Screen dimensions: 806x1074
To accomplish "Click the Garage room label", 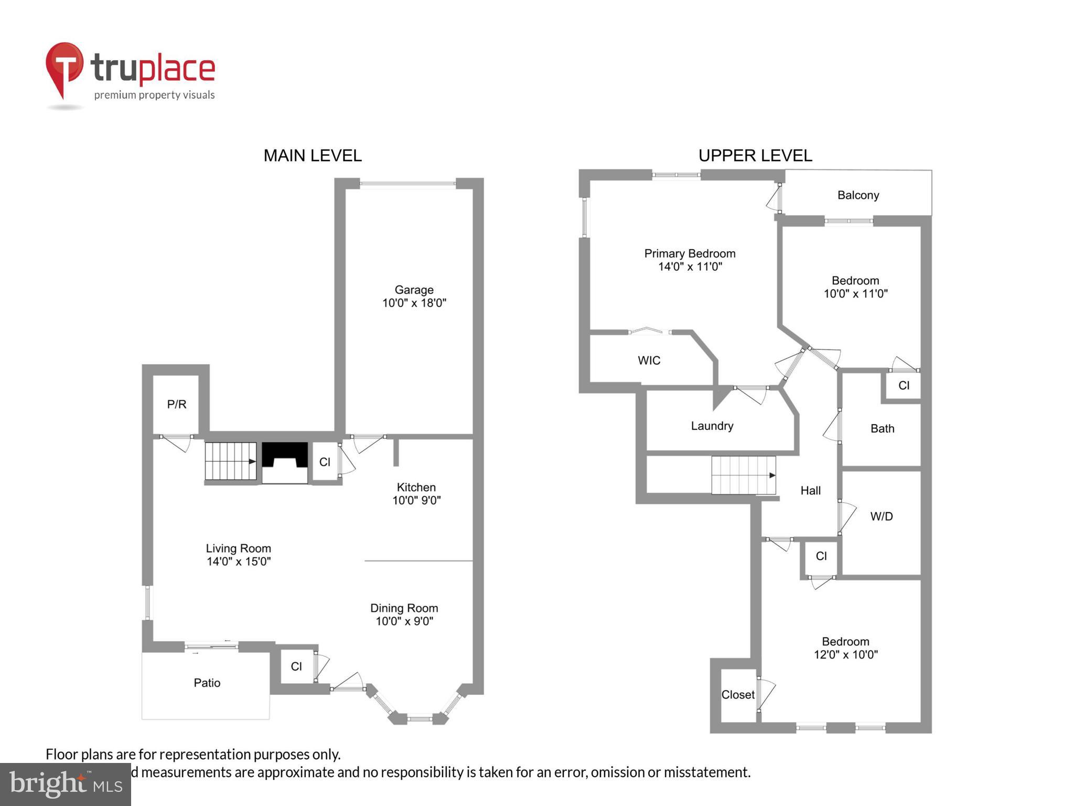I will point(414,290).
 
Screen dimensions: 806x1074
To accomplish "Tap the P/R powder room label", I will point(177,404).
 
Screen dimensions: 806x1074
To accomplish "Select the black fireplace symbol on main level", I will point(285,455).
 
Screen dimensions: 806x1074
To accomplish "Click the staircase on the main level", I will point(230,461).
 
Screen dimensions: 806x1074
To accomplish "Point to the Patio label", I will point(207,683).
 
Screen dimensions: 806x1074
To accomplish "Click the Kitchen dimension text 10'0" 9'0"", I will point(416,501).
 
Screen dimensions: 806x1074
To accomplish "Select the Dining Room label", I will point(404,608).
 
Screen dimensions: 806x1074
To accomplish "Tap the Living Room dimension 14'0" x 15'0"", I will point(239,561).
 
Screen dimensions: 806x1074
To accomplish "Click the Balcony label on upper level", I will point(858,195).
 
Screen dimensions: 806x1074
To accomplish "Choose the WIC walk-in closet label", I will point(649,360).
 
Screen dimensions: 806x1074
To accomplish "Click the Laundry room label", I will point(712,426).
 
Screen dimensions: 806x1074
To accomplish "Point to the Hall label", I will point(810,491).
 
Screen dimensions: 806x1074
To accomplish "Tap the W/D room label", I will point(881,516).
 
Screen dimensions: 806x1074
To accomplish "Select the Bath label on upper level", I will point(882,429).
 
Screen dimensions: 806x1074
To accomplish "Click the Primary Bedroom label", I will point(690,253).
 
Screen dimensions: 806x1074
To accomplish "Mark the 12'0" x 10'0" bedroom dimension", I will point(845,655).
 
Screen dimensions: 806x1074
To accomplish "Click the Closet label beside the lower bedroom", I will point(738,695).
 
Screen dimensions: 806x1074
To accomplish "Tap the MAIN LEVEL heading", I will point(313,155).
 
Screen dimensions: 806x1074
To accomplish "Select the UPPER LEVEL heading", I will point(755,155).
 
